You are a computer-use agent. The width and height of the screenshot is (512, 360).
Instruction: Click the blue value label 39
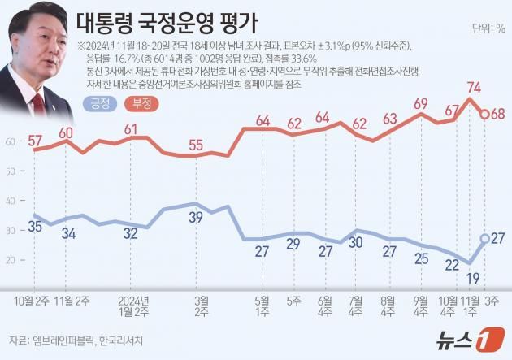click(195, 218)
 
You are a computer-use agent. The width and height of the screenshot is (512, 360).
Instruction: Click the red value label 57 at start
click(35, 140)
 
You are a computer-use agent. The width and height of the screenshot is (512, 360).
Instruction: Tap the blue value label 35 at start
click(35, 225)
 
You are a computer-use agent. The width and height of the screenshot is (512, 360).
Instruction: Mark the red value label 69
click(421, 103)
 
